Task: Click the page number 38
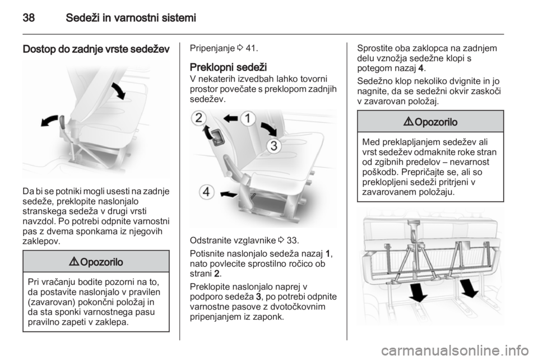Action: point(29,18)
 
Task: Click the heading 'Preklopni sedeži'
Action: point(228,67)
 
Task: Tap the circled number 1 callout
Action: point(248,119)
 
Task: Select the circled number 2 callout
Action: point(198,118)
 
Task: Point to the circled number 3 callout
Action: point(274,146)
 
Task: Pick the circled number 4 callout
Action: point(207,192)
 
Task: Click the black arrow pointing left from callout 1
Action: point(230,119)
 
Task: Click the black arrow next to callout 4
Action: point(229,194)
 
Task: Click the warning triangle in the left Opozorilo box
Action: point(75,262)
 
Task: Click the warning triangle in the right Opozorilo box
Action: point(409,122)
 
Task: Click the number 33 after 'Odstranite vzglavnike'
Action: point(291,240)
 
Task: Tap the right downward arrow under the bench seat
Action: point(468,288)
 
